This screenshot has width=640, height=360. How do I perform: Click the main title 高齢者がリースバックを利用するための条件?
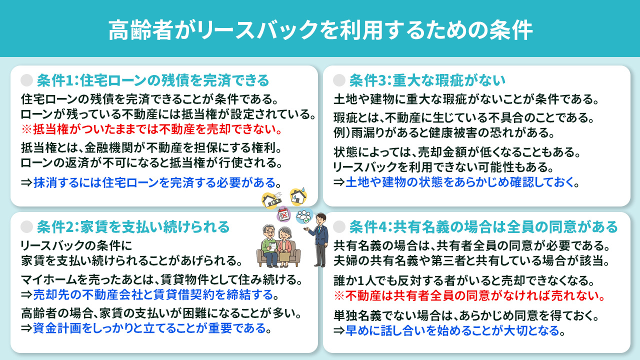[x=320, y=30]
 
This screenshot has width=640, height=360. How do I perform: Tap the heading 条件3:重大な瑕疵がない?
[x=427, y=80]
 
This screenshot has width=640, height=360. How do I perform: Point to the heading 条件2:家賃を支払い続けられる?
[x=133, y=227]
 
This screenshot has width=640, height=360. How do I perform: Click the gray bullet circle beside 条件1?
[x=27, y=80]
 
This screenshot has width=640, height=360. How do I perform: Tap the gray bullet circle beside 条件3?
[x=339, y=80]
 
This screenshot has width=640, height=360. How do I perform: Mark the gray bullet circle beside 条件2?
[x=27, y=227]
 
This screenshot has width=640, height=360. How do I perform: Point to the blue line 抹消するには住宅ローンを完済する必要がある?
[x=154, y=182]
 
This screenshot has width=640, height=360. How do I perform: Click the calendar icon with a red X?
[x=284, y=215]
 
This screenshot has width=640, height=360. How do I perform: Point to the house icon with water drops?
[x=298, y=196]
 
